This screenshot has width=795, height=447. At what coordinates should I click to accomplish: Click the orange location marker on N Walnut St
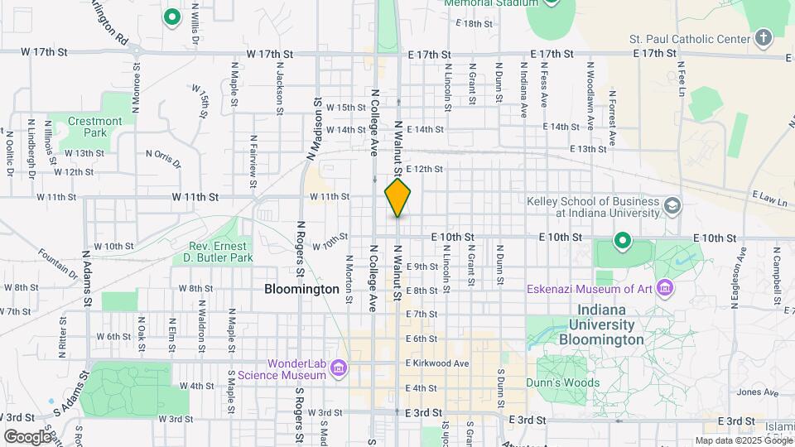pyautogui.click(x=397, y=199)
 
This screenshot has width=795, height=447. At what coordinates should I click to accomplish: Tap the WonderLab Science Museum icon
pyautogui.click(x=338, y=368)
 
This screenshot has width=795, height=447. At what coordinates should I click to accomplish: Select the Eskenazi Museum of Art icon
pyautogui.click(x=664, y=289)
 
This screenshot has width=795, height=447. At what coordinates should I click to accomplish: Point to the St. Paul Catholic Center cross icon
pyautogui.click(x=764, y=38)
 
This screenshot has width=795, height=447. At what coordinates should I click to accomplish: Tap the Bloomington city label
pyautogui.click(x=302, y=289)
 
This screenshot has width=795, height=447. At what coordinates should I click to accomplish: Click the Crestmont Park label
pyautogui.click(x=94, y=127)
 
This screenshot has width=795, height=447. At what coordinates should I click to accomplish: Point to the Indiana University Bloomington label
pyautogui.click(x=602, y=333)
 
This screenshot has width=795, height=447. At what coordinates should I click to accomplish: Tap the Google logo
pyautogui.click(x=27, y=436)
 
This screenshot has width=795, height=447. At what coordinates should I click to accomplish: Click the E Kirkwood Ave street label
pyautogui.click(x=438, y=363)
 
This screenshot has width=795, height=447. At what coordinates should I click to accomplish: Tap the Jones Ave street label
pyautogui.click(x=753, y=392)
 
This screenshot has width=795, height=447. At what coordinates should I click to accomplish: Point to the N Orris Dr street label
pyautogui.click(x=162, y=157)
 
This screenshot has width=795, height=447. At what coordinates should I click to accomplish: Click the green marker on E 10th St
pyautogui.click(x=622, y=242)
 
